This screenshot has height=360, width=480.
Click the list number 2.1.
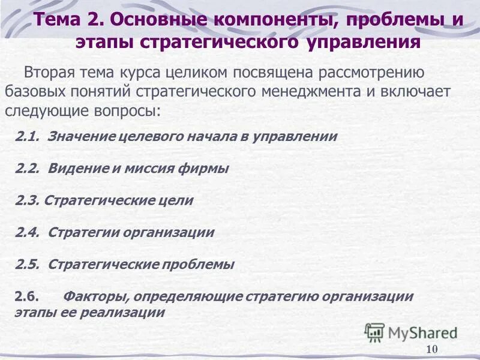coord(27,137)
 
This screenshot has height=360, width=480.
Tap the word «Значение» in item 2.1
coord(76,137)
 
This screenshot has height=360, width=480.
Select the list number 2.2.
coord(27,169)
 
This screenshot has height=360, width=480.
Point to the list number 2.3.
coord(27,200)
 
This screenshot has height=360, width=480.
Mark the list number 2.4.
coord(27,232)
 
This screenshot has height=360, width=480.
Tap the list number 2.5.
coord(27,264)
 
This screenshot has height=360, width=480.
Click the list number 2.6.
coord(27,296)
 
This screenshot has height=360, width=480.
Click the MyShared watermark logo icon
coord(374,332)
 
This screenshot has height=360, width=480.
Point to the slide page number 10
coord(432,350)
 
